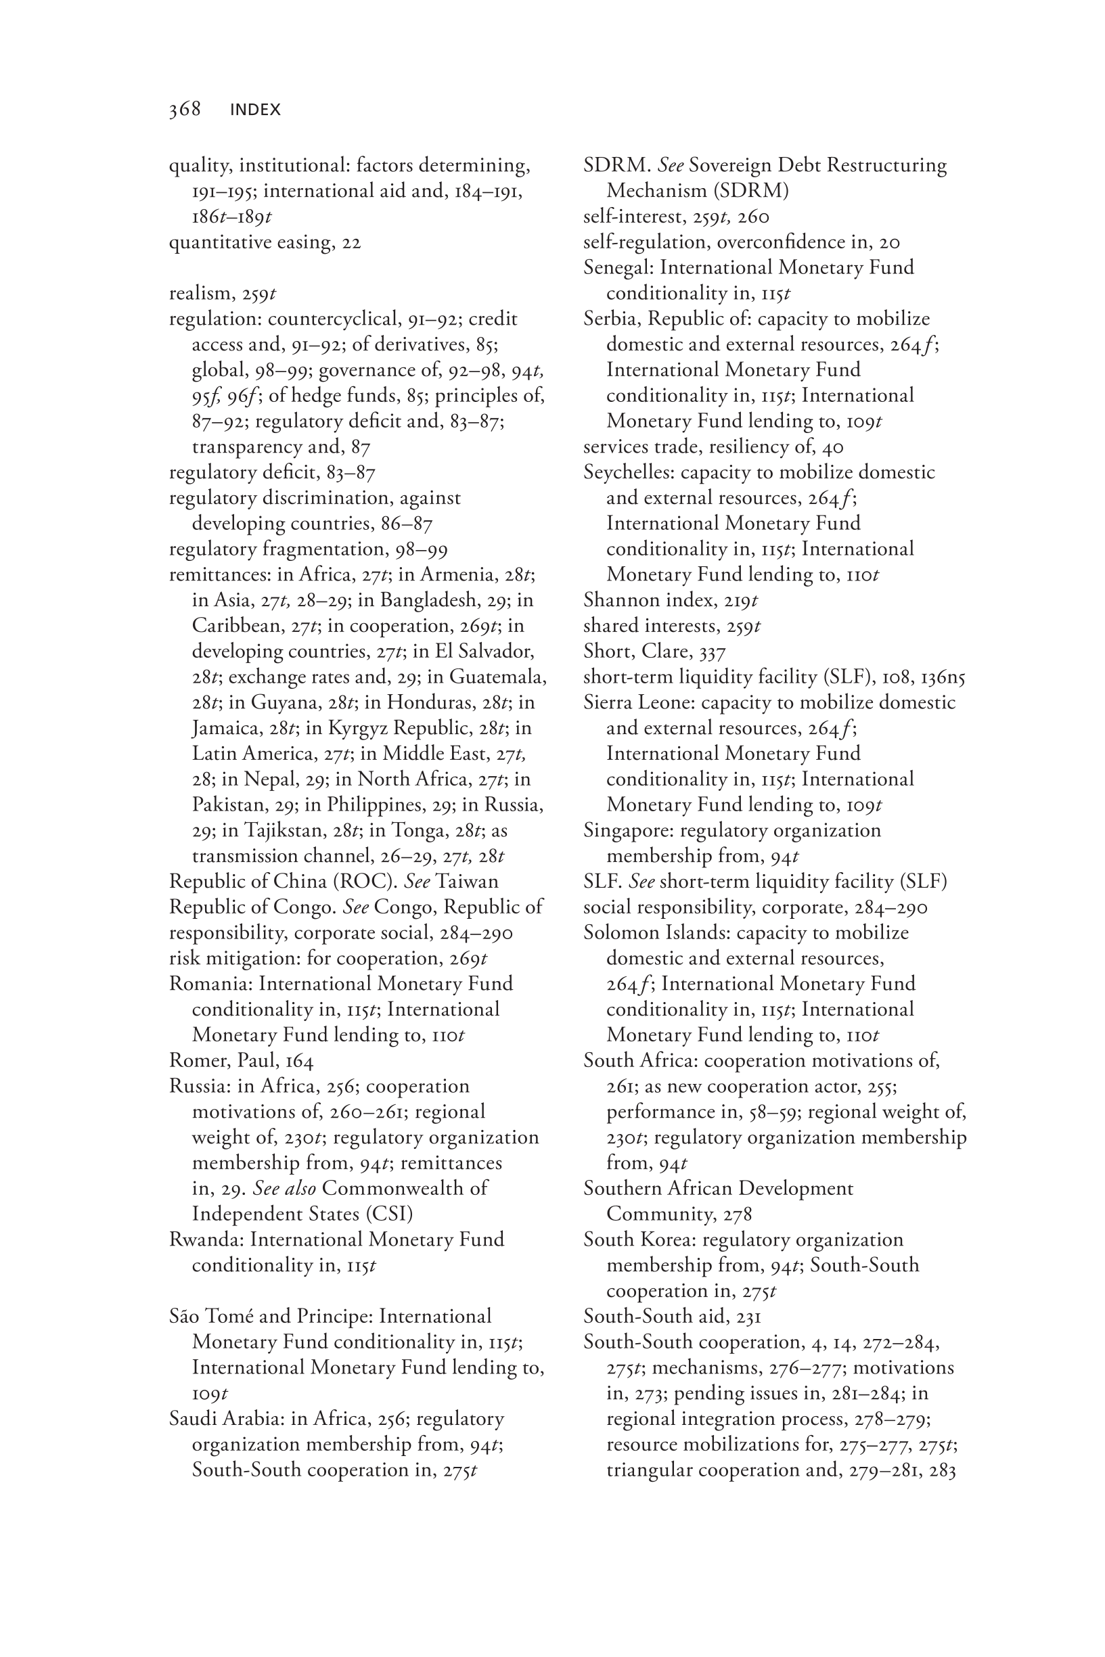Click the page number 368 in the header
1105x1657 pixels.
pyautogui.click(x=185, y=109)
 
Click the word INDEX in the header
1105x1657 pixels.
pyautogui.click(x=255, y=110)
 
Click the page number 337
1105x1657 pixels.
pyautogui.click(x=713, y=652)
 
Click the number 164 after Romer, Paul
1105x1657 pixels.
pyautogui.click(x=300, y=1061)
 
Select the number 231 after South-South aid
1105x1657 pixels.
pyautogui.click(x=748, y=1317)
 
